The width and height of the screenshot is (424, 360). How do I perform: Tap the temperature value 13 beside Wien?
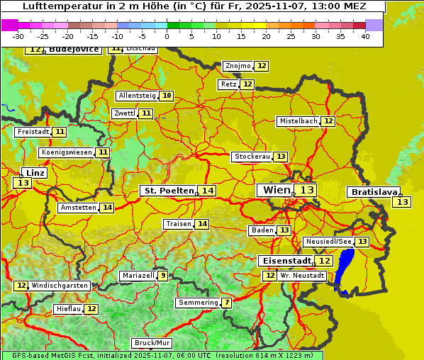(x=306, y=190)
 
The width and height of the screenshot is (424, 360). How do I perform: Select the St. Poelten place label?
(x=168, y=191)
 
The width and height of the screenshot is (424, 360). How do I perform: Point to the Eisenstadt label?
(x=284, y=261)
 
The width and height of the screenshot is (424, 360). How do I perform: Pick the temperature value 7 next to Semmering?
(x=226, y=303)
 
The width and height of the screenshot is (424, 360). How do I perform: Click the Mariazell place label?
(x=138, y=276)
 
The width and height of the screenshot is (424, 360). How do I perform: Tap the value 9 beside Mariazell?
(x=163, y=276)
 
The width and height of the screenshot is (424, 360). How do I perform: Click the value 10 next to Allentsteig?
(x=166, y=96)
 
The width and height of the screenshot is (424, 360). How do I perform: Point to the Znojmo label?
(x=238, y=66)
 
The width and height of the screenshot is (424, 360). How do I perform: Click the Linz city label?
(x=35, y=173)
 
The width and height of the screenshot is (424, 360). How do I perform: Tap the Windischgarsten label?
(x=60, y=286)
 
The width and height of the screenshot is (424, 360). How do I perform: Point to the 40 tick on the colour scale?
(x=366, y=36)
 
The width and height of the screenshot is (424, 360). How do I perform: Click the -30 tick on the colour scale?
(x=18, y=36)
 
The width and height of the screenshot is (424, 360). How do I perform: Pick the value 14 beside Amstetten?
(x=106, y=208)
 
